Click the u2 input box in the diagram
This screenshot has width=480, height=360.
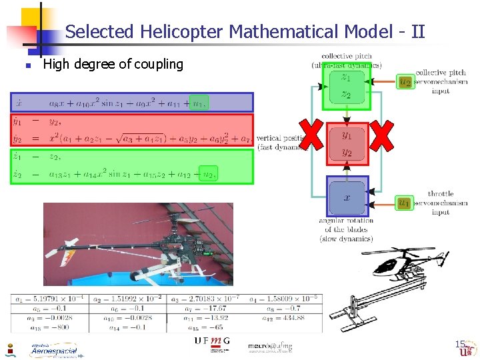point(405,82)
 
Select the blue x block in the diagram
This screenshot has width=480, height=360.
point(347,197)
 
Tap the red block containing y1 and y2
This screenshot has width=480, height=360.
point(347,143)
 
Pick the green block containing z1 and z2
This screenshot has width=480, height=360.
point(346,86)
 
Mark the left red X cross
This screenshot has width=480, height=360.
point(312,135)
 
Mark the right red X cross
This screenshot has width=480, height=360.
point(381,135)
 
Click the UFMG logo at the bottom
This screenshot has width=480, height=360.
point(211,342)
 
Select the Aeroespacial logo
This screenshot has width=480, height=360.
point(53,350)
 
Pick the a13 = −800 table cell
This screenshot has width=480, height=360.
point(49,327)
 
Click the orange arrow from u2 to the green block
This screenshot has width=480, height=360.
point(383,82)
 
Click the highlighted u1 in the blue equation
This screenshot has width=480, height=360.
point(197,103)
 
